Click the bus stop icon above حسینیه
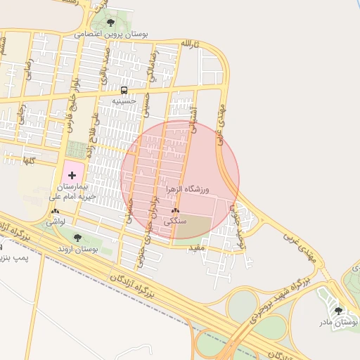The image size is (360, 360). (x=124, y=90)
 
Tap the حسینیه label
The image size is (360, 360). (x=127, y=101)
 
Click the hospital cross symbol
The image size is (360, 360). (x=72, y=173)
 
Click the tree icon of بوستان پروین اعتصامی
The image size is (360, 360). (x=110, y=22)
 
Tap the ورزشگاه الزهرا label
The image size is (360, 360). (x=188, y=190)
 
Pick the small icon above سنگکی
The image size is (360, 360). (x=175, y=211)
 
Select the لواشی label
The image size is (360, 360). (x=56, y=221)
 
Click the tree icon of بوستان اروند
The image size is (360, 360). (x=77, y=237)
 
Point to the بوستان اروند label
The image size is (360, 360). (x=77, y=249)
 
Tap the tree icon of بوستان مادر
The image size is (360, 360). (x=338, y=310)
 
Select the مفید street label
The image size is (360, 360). (x=195, y=247)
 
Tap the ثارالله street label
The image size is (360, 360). (x=190, y=44)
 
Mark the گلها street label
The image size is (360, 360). (x=29, y=161)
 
